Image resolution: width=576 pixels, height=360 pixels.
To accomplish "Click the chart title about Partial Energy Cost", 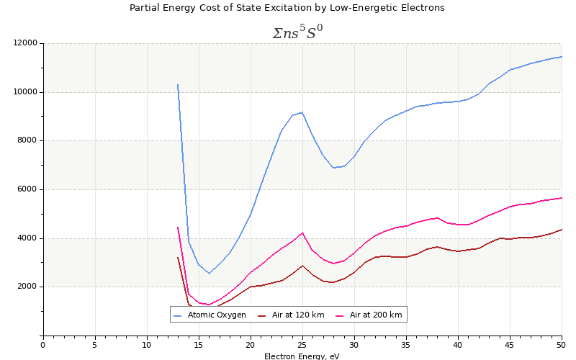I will (287, 8).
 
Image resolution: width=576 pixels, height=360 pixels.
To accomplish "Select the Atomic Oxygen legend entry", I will (217, 315).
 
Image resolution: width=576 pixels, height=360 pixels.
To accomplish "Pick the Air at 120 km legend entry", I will (298, 315).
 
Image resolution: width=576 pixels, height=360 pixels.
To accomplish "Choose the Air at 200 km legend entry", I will (376, 315).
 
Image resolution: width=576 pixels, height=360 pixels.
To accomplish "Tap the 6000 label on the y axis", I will (27, 189).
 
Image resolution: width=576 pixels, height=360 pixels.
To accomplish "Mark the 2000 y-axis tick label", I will (27, 287).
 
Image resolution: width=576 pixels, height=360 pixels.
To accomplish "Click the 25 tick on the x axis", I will (302, 345).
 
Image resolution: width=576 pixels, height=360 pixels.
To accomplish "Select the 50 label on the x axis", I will (562, 345).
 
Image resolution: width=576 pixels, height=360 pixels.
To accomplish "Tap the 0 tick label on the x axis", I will (43, 345).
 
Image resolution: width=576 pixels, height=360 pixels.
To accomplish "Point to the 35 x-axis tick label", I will (406, 345).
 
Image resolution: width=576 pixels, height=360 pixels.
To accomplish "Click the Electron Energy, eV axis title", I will (302, 356).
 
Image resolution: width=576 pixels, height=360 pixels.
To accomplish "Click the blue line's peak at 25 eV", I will (302, 112).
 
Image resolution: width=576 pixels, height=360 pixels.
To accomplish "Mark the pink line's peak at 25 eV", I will (302, 233).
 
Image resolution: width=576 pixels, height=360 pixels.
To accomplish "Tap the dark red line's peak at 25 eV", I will (302, 266).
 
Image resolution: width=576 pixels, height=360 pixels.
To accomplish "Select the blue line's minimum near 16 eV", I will (209, 273).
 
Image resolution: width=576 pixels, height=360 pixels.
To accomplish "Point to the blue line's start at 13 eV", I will (178, 84).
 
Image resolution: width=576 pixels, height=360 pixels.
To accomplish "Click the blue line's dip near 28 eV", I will (333, 168).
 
